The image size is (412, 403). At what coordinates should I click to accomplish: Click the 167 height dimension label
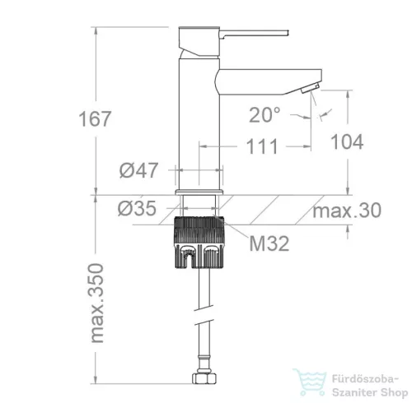point(95,118)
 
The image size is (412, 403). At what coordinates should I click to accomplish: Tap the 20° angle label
point(265,115)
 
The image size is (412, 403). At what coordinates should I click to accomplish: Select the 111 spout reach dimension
point(262,146)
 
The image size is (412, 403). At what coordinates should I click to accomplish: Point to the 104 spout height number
point(347,141)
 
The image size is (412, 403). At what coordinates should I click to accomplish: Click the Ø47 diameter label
point(138,170)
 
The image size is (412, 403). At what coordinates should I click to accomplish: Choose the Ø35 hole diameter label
point(137,208)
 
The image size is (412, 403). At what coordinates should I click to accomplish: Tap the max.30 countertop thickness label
point(347,211)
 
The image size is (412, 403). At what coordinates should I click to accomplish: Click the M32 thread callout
point(269,243)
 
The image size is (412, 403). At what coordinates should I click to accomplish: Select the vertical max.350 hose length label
point(97,303)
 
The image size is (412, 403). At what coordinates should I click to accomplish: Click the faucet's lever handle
point(254,34)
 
